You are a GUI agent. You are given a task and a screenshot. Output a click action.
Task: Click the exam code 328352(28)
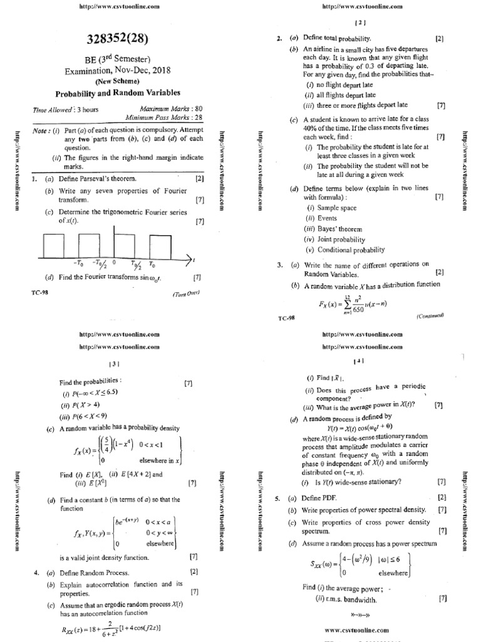click(x=118, y=39)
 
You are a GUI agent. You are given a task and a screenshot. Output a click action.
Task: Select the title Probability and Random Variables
click(x=118, y=92)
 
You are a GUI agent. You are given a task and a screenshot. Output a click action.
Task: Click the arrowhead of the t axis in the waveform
click(x=189, y=258)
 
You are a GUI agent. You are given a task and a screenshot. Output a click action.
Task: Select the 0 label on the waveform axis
click(x=114, y=264)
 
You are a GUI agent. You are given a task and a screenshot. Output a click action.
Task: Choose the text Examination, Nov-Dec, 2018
click(x=118, y=71)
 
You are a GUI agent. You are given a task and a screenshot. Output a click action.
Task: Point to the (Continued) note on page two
click(x=430, y=317)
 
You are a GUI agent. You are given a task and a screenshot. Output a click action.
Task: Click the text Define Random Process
click(x=95, y=572)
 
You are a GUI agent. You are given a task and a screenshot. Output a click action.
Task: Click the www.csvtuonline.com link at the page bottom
click(x=358, y=629)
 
